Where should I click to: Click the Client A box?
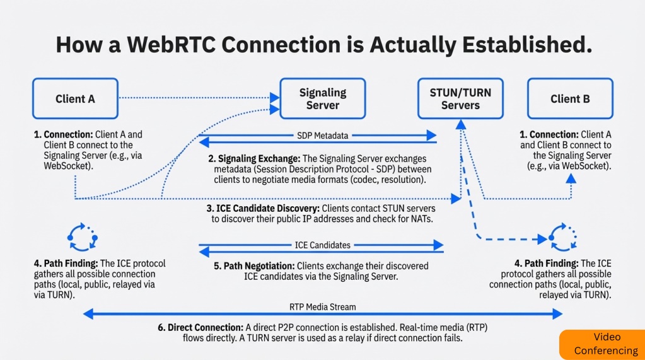coord(75,98)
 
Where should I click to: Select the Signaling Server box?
coord(322,98)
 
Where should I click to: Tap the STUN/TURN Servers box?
coord(460,98)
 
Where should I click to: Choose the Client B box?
coord(570,98)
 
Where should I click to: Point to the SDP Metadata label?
coord(322,135)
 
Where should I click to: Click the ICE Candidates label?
coord(322,245)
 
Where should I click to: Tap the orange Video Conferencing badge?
coord(601,344)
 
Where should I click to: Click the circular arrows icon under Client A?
coord(82,238)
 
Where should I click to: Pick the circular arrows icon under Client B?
coord(562,238)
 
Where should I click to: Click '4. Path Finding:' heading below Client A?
coord(66,264)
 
